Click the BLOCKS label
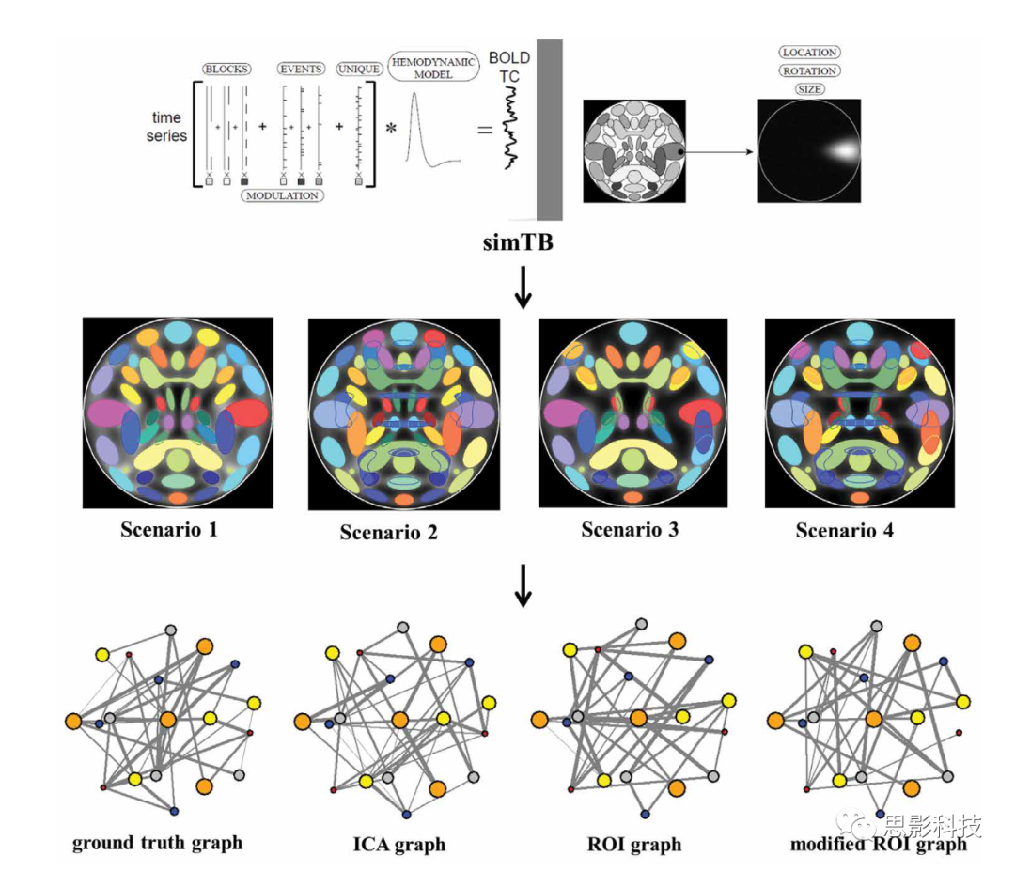pyautogui.click(x=226, y=70)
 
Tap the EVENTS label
pyautogui.click(x=301, y=70)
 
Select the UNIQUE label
pyautogui.click(x=359, y=70)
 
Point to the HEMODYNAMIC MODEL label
pyautogui.click(x=433, y=68)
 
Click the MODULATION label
pyautogui.click(x=282, y=195)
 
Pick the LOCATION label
pyautogui.click(x=809, y=53)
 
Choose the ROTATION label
pyautogui.click(x=809, y=71)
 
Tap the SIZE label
pyautogui.click(x=809, y=89)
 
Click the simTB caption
pyautogui.click(x=518, y=242)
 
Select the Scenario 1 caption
pyautogui.click(x=169, y=529)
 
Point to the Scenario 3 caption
pyautogui.click(x=630, y=529)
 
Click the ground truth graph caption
pyautogui.click(x=157, y=843)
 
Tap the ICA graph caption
pyautogui.click(x=399, y=845)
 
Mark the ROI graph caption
pyautogui.click(x=634, y=845)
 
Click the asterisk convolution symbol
pyautogui.click(x=391, y=128)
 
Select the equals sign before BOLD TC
pyautogui.click(x=485, y=130)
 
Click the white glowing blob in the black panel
pyautogui.click(x=842, y=150)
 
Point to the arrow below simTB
pyautogui.click(x=523, y=288)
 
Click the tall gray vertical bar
pyautogui.click(x=550, y=130)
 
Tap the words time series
pyautogui.click(x=166, y=127)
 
